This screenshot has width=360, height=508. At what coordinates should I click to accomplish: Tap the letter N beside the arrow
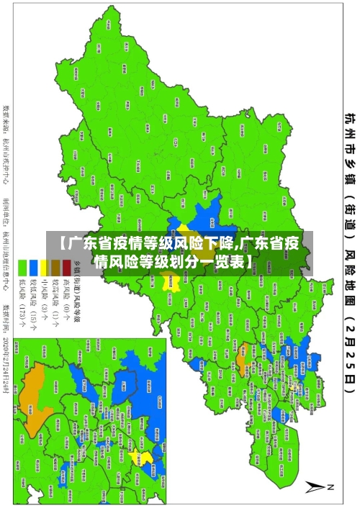tap(333, 487)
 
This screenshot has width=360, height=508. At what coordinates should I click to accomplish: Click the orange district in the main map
tap(242, 335)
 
